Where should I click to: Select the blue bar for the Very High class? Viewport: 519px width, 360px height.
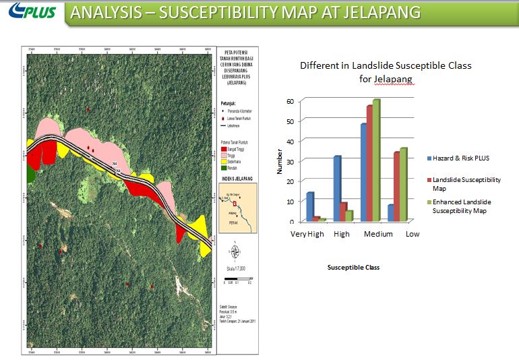310,207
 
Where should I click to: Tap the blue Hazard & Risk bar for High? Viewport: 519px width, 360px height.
337,189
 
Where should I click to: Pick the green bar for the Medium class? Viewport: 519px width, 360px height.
376,160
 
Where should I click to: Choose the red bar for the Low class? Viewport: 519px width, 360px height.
397,187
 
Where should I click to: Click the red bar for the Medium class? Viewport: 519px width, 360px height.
369,164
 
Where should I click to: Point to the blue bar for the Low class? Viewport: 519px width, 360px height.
390,213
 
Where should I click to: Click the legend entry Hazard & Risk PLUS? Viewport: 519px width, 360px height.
461,158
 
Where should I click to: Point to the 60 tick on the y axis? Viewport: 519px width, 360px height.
291,101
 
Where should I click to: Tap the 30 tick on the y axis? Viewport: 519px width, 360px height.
291,161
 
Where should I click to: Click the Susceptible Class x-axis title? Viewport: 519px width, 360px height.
353,268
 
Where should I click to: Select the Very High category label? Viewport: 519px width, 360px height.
307,234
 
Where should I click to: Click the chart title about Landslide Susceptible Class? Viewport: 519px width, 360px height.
386,72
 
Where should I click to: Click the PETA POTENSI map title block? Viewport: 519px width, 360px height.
236,68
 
